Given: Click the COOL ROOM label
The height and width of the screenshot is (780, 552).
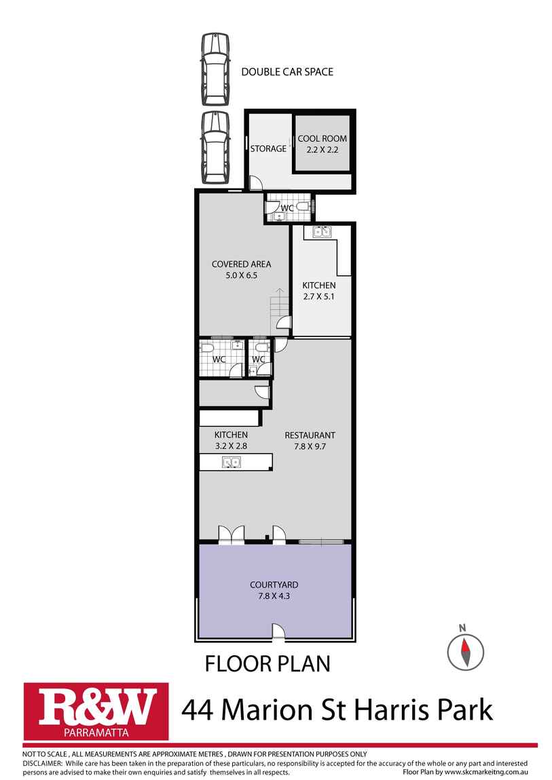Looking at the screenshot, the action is pyautogui.click(x=322, y=139).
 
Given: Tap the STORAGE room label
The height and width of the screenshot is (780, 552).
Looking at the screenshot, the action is pyautogui.click(x=268, y=149).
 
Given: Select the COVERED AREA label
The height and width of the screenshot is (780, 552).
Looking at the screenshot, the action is pyautogui.click(x=242, y=264).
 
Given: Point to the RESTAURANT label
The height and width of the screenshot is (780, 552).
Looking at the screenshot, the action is pyautogui.click(x=310, y=435).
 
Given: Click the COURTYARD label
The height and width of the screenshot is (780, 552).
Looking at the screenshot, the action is pyautogui.click(x=274, y=585).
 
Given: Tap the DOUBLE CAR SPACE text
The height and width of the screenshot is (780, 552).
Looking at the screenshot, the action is pyautogui.click(x=287, y=72).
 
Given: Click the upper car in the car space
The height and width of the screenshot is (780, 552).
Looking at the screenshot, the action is pyautogui.click(x=215, y=69).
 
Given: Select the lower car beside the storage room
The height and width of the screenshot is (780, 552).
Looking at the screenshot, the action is pyautogui.click(x=215, y=147).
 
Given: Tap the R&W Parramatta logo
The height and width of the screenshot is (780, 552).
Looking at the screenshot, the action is pyautogui.click(x=96, y=711).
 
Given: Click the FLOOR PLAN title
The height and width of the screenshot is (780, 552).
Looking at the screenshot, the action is pyautogui.click(x=268, y=663).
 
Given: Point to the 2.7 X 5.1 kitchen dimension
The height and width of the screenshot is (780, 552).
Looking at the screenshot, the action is pyautogui.click(x=319, y=296).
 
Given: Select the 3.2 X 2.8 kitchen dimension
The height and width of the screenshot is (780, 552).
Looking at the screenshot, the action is pyautogui.click(x=231, y=446).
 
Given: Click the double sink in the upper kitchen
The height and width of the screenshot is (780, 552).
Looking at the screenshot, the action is pyautogui.click(x=322, y=231).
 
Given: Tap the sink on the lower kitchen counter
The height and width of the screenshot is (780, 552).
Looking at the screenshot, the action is pyautogui.click(x=232, y=462).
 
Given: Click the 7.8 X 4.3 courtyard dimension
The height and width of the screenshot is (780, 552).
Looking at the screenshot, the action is pyautogui.click(x=274, y=596).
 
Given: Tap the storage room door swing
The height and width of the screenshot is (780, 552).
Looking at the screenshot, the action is pyautogui.click(x=255, y=183).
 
